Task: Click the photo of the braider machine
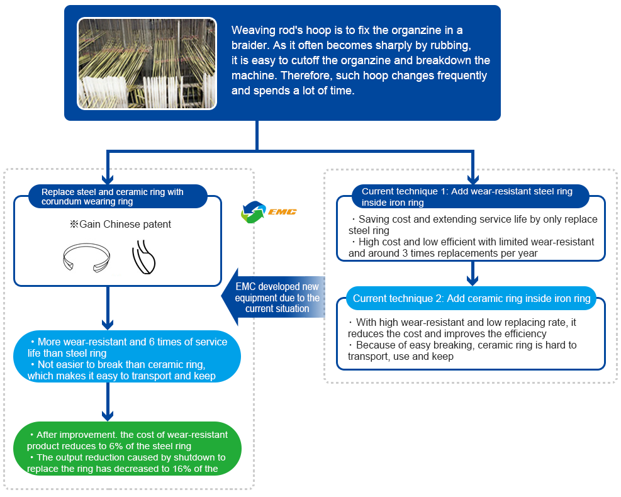pos(147,64)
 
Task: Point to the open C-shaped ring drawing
pos(87,258)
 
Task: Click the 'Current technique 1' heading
pos(466,196)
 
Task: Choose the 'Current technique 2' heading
pos(471,299)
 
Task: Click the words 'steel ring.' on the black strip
pos(49,480)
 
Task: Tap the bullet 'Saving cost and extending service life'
pos(474,220)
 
